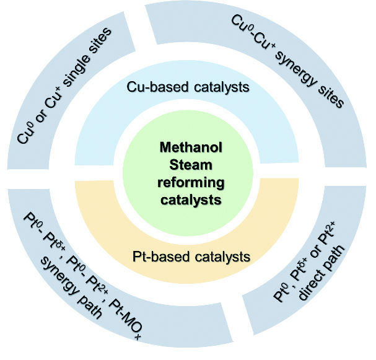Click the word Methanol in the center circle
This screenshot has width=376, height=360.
pos(188,147)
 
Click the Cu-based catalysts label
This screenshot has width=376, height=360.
pos(188,87)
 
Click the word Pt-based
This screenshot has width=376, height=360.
pos(157,256)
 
